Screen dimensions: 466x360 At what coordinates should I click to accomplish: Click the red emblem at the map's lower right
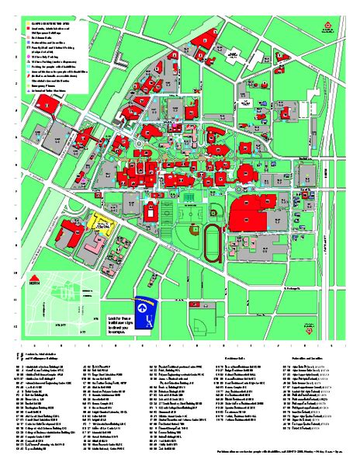pos(310,331)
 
